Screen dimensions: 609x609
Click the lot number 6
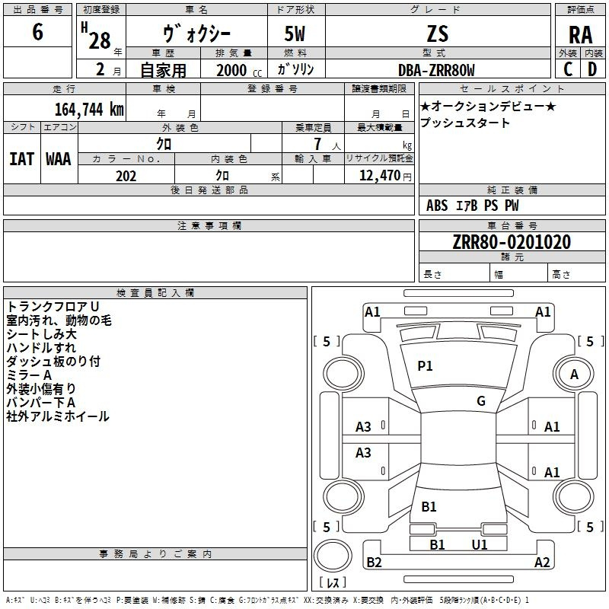pos(37,31)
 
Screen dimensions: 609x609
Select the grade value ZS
pos(438,33)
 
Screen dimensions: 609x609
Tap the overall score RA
pos(581,35)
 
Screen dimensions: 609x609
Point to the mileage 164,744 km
pos(89,110)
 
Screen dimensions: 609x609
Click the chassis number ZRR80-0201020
pos(512,242)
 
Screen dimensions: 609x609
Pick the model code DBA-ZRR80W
pos(436,70)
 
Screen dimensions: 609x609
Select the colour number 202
pos(126,176)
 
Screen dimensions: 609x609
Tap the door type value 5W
pos(295,33)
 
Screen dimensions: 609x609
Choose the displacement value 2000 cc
pos(239,70)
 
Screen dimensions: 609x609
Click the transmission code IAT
pos(22,159)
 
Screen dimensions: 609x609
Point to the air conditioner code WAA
pos(59,159)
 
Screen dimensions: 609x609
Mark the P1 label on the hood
pos(425,366)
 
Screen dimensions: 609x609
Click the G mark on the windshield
pos(481,401)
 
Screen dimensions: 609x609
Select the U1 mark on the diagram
pos(480,545)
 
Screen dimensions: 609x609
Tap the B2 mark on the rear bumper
pos(374,562)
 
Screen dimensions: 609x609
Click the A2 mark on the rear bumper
pos(542,562)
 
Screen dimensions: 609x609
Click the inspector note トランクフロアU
pos(53,307)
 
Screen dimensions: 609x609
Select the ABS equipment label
pos(437,206)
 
